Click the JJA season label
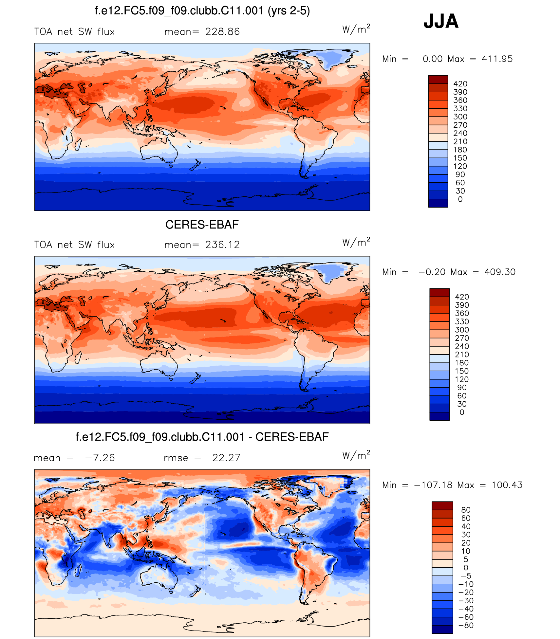(x=441, y=21)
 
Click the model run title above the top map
(x=202, y=11)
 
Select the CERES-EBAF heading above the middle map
(x=202, y=225)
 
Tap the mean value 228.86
(x=222, y=32)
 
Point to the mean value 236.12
(x=222, y=245)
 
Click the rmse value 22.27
(x=226, y=458)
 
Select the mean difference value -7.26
(x=100, y=458)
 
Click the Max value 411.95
(x=497, y=59)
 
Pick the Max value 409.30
(x=500, y=272)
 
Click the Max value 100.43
(x=507, y=485)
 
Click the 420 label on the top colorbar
(x=460, y=84)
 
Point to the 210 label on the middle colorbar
(x=462, y=355)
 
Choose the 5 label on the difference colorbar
(x=466, y=559)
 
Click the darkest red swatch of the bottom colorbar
(x=442, y=506)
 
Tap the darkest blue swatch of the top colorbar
(x=438, y=203)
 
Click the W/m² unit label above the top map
(x=356, y=29)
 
